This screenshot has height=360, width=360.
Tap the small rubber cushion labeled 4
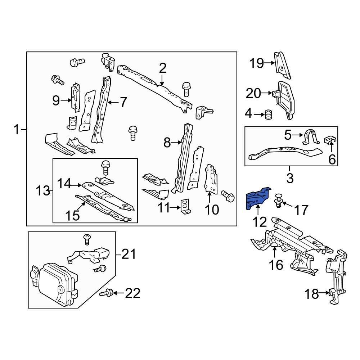pyautogui.click(x=268, y=115)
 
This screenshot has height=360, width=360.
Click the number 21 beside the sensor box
pyautogui.click(x=129, y=255)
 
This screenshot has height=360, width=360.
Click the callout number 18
pyautogui.click(x=312, y=294)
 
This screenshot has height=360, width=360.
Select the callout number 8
pyautogui.click(x=167, y=143)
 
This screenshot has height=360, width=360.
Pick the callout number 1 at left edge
pyautogui.click(x=17, y=129)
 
